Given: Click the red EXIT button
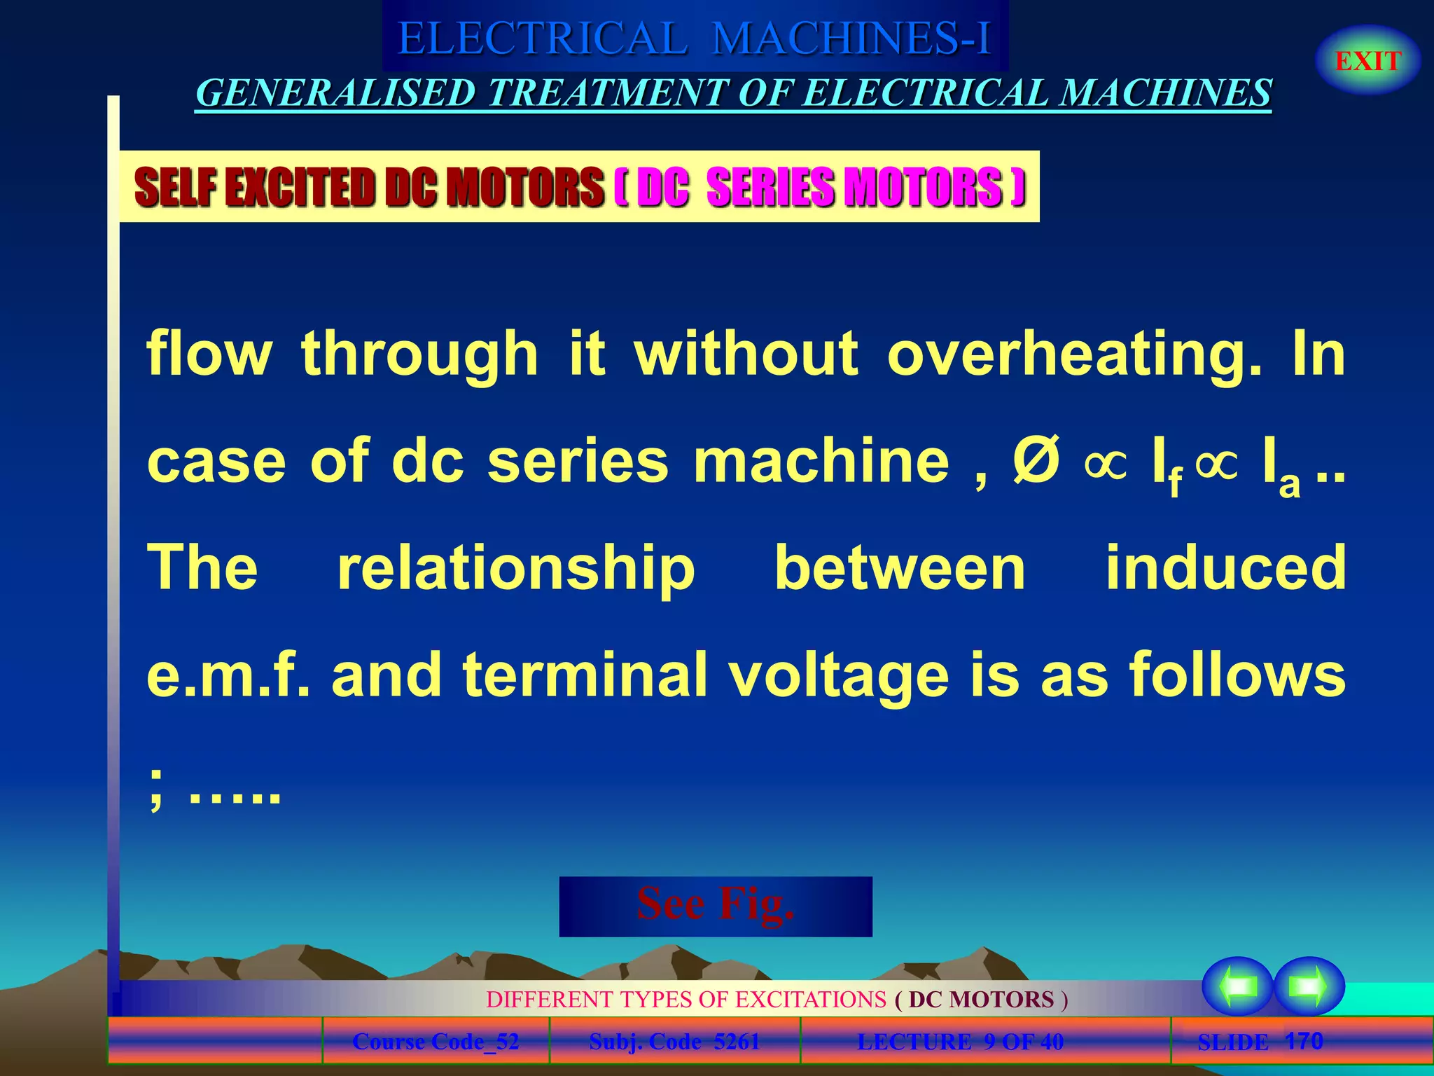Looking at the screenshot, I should point(1367,61).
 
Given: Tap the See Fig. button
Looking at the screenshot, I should point(715,905).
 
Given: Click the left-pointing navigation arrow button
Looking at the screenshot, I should point(1237,986).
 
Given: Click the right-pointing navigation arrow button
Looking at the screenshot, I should point(1308,986).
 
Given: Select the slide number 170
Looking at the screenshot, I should point(1304,1041).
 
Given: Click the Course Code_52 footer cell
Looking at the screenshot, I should point(436,1042).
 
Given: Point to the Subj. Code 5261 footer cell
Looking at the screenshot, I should point(674,1042).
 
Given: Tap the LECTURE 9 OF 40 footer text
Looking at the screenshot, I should point(960,1042).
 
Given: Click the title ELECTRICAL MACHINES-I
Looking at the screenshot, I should point(695,38).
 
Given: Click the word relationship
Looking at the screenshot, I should point(516,569).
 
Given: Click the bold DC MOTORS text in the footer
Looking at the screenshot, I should point(981,999).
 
